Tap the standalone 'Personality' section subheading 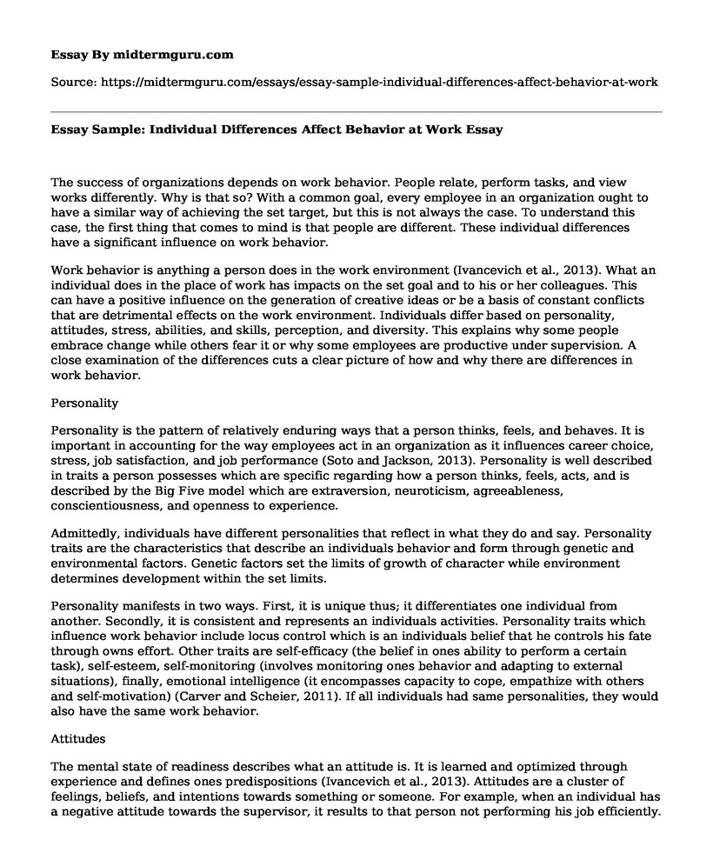click(87, 403)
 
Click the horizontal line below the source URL click(356, 111)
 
